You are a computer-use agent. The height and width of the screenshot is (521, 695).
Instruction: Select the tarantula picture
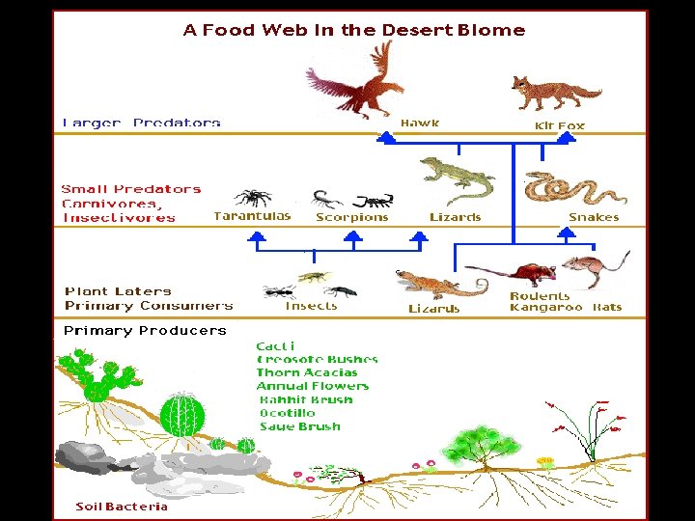point(254,197)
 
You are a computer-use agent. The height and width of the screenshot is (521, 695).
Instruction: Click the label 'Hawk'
point(420,123)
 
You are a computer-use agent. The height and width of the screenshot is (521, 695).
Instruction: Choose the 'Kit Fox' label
point(559,125)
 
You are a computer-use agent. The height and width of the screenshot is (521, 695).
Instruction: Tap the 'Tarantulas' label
point(252,216)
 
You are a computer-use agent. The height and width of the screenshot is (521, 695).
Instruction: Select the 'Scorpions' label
point(351,217)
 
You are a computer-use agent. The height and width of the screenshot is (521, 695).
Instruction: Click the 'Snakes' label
point(593,217)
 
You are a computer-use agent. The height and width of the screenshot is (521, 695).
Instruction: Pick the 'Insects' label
point(311,306)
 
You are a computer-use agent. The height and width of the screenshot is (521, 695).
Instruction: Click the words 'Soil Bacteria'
point(122,507)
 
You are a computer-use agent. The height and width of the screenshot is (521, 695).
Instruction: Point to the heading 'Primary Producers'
point(145,330)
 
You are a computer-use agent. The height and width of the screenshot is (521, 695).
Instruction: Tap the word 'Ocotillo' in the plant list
point(288,413)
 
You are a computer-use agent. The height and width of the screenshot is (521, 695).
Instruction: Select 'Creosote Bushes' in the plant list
point(317,359)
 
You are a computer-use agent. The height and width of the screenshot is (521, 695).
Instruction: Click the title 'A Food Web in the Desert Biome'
point(353,30)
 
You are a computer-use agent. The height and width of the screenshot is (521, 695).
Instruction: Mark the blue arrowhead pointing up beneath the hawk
point(386,138)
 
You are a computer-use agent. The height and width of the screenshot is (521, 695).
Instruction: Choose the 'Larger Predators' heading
point(141,123)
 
